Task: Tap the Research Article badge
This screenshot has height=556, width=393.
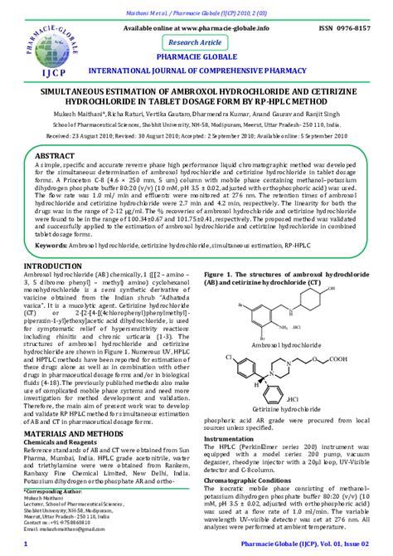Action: tap(196, 41)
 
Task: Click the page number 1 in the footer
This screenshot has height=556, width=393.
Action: tap(27, 544)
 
